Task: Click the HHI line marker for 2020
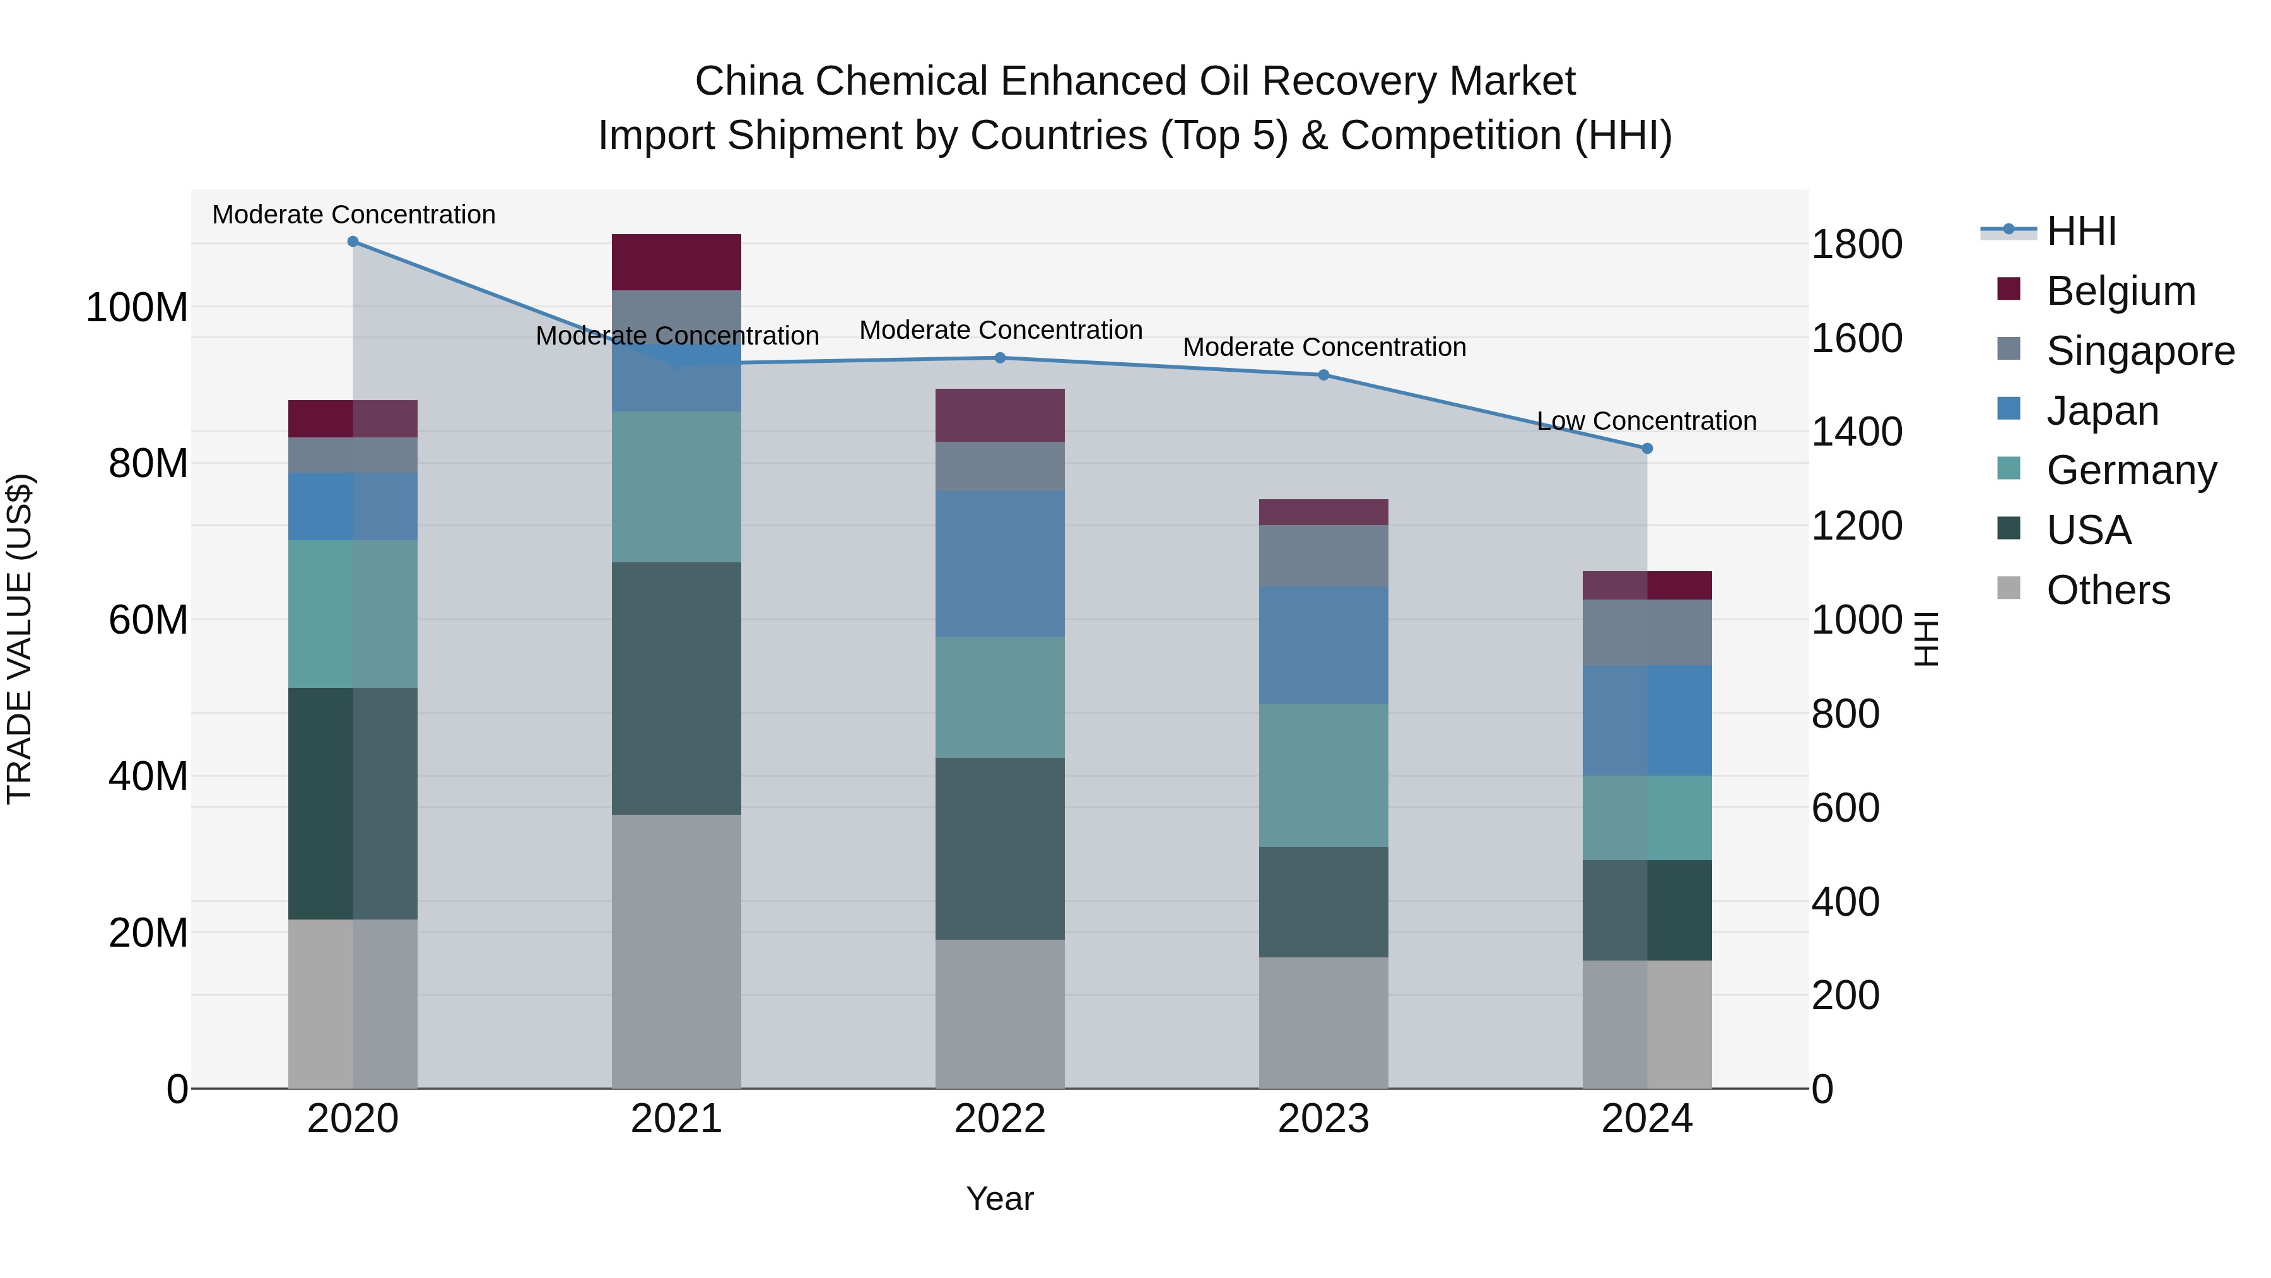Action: point(353,242)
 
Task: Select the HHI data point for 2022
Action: point(1000,358)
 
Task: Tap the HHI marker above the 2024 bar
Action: point(1647,449)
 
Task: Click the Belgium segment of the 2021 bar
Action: point(676,262)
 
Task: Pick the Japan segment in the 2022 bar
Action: point(1000,564)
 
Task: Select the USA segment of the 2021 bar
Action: point(676,688)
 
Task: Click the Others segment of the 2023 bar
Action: point(1323,1023)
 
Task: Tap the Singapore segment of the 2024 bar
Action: point(1647,632)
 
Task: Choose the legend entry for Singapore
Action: point(2140,351)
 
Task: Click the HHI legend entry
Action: point(2080,231)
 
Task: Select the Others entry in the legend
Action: point(2107,590)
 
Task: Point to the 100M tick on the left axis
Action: point(137,308)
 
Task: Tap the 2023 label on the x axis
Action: point(1323,1119)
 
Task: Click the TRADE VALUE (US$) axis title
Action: point(20,639)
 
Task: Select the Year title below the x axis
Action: point(1000,1198)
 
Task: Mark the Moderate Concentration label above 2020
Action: point(353,215)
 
